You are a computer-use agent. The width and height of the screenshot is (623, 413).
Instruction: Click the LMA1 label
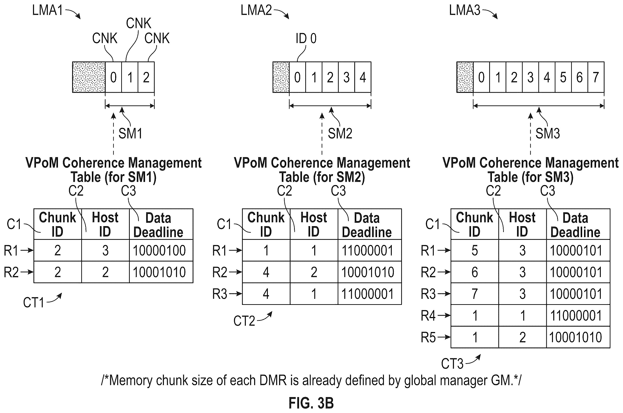[x=47, y=11]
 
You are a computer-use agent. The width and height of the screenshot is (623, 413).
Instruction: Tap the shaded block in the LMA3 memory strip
[x=465, y=77]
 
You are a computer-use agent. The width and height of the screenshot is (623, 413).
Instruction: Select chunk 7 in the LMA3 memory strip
[x=596, y=77]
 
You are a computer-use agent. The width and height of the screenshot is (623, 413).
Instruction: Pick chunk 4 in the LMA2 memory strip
[x=363, y=77]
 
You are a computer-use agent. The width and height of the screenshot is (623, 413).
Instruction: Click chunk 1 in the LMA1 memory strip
[x=130, y=77]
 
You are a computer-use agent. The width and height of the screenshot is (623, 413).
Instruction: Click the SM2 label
[x=340, y=133]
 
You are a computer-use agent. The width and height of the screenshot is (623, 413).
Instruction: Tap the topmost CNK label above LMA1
[x=139, y=23]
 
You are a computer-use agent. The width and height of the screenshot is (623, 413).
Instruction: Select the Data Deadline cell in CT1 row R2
[x=161, y=272]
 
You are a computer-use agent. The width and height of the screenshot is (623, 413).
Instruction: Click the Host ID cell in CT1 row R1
[x=106, y=250]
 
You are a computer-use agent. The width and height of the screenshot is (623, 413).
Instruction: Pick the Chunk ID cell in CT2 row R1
[x=266, y=250]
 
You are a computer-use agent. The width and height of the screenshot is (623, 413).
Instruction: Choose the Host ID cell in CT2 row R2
[x=314, y=272]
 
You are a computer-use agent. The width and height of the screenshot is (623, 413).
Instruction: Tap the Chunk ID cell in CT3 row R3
[x=475, y=294]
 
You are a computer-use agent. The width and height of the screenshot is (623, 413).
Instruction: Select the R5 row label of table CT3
[x=428, y=337]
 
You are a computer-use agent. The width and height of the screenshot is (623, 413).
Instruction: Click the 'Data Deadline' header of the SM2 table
[x=367, y=225]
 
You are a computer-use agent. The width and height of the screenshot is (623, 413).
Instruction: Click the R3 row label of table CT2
[x=220, y=294]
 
